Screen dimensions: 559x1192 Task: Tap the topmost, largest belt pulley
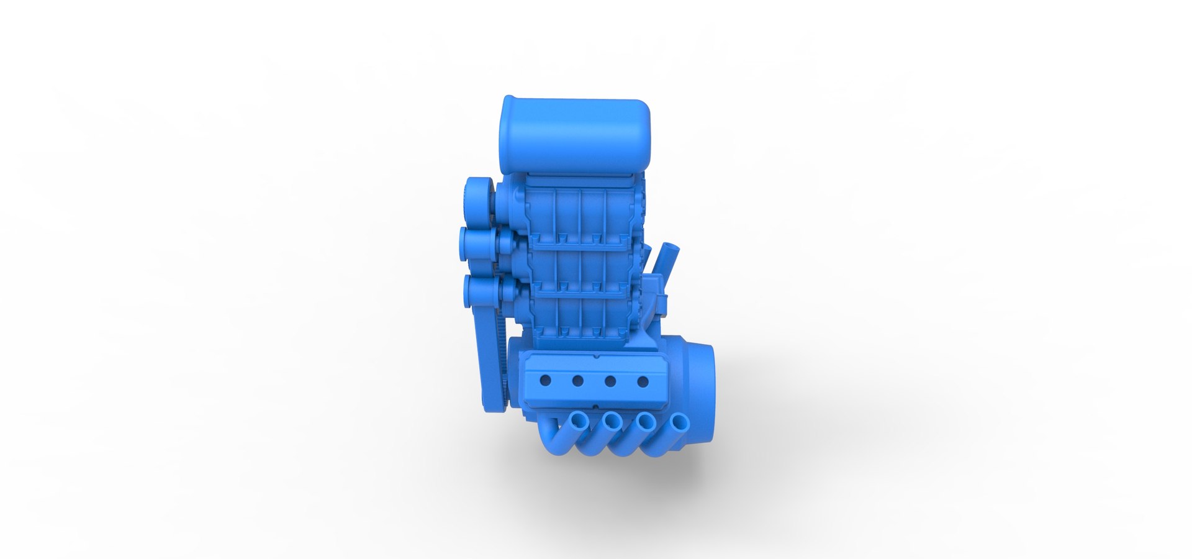pos(479,199)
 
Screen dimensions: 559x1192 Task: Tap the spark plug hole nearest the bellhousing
pos(644,381)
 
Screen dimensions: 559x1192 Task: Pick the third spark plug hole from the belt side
pos(611,381)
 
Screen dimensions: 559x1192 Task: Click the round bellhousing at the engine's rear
pos(695,385)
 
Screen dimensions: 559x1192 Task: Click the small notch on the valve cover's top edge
pos(596,357)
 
